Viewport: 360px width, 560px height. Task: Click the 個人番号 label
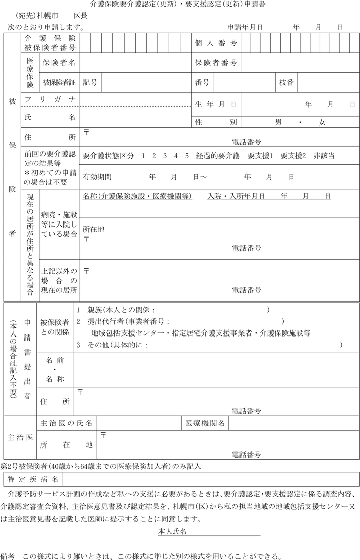pos(216,43)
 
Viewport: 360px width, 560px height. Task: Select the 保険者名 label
pos(59,63)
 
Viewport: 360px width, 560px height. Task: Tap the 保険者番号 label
pos(216,63)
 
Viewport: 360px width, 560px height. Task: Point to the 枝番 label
pos(286,82)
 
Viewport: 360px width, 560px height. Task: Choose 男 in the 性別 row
pos(278,122)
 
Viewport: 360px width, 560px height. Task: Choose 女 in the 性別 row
pos(322,122)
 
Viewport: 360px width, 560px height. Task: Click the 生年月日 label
pos(216,104)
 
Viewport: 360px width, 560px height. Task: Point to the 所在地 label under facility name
pos(94,229)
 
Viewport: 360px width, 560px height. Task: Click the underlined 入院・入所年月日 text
pos(236,196)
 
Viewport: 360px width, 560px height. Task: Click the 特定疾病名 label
pos(33,479)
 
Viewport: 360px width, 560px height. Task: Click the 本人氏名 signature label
pos(173,531)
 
